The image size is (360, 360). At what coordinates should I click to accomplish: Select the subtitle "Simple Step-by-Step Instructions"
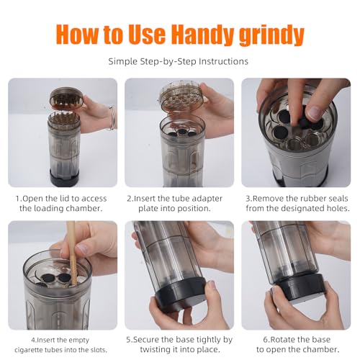(x=179, y=62)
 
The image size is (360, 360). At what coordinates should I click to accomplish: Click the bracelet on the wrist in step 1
(x=112, y=118)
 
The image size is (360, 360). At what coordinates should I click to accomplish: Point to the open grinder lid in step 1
(x=67, y=98)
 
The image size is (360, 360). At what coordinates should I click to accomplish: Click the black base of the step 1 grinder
(x=64, y=177)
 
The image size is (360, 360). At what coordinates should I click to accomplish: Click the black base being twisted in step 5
(x=181, y=290)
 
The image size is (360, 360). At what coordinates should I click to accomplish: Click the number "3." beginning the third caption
(x=249, y=199)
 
